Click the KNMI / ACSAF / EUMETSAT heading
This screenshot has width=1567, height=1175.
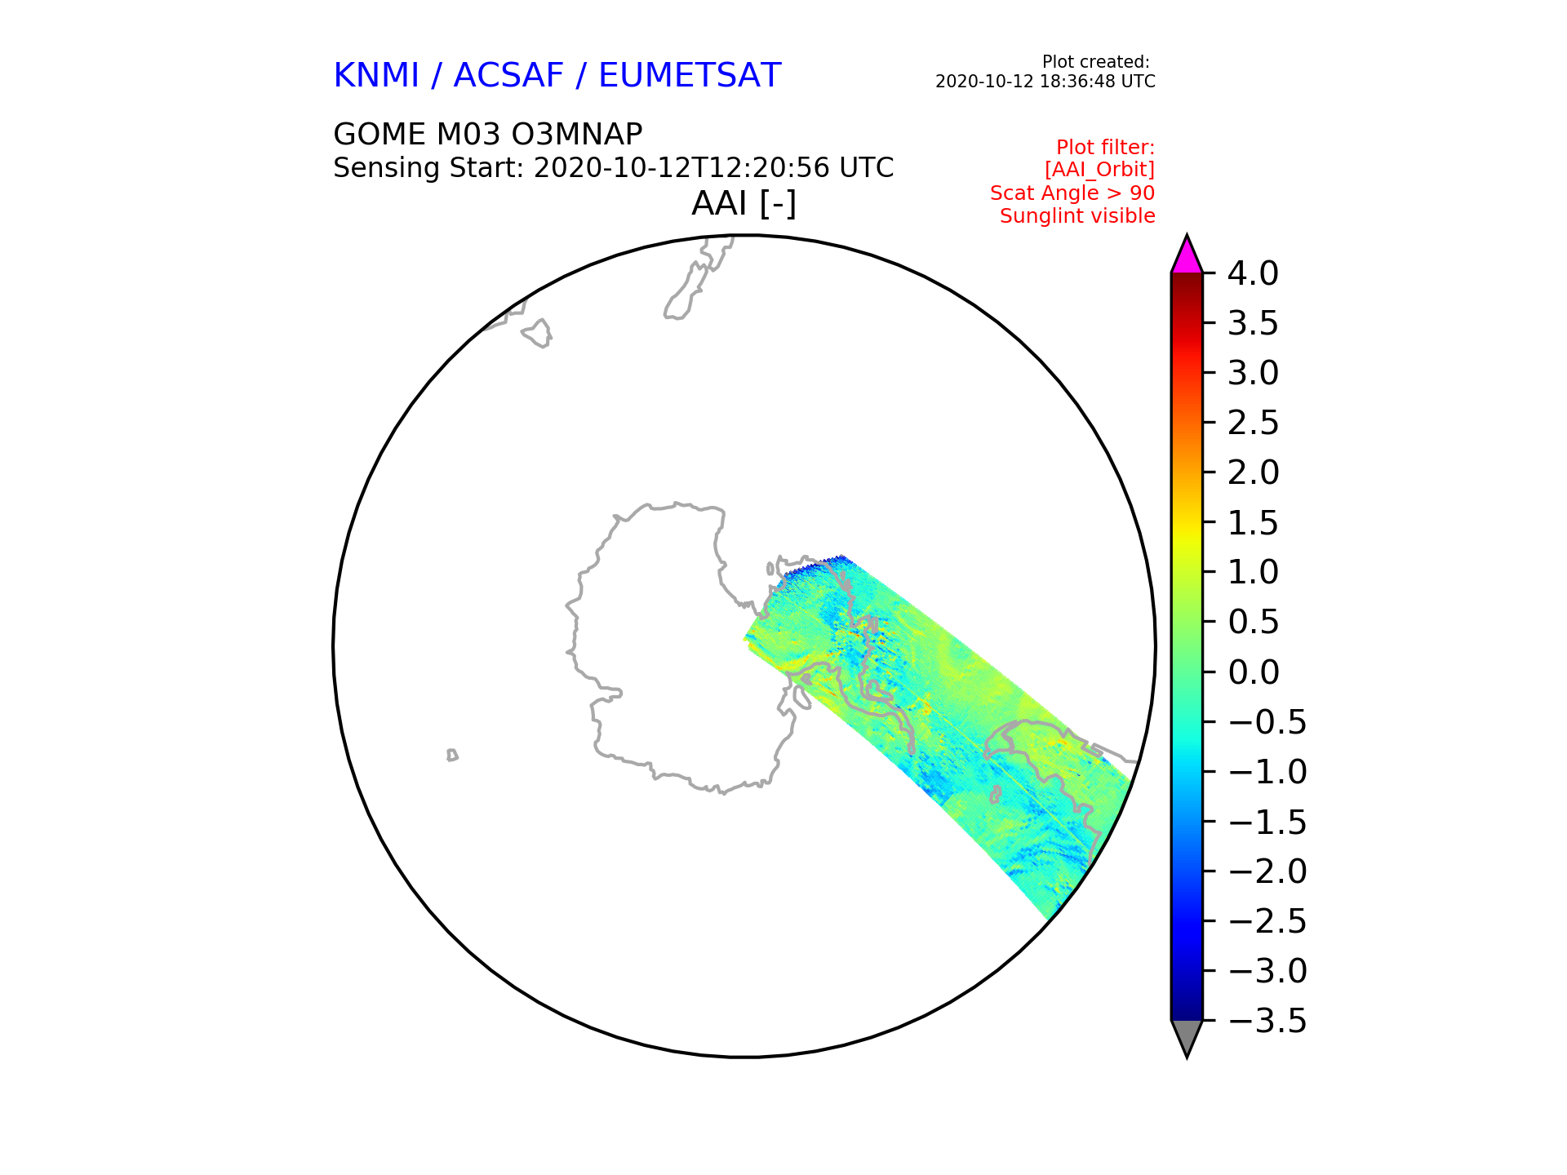pyautogui.click(x=557, y=76)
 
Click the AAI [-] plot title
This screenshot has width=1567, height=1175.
pyautogui.click(x=744, y=203)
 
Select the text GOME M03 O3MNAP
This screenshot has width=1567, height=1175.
pyautogui.click(x=488, y=134)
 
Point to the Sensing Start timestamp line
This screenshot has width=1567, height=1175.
pyautogui.click(x=614, y=168)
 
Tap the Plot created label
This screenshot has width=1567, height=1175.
pyautogui.click(x=1096, y=62)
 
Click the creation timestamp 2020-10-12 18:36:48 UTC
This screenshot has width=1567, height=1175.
pyautogui.click(x=1045, y=82)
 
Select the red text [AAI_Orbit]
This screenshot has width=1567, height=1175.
pyautogui.click(x=1099, y=170)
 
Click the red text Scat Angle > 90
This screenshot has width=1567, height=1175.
pyautogui.click(x=1072, y=193)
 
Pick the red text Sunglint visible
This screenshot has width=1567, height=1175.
pyautogui.click(x=1077, y=216)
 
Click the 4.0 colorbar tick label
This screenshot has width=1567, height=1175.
pyautogui.click(x=1253, y=273)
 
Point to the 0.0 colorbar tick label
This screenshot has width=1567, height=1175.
pyautogui.click(x=1253, y=672)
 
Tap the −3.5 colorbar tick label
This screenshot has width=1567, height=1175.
pyautogui.click(x=1267, y=1021)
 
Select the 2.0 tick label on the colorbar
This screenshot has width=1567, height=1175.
pyautogui.click(x=1253, y=472)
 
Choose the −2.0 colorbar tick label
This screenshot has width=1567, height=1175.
pyautogui.click(x=1267, y=871)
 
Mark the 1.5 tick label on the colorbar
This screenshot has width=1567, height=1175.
pyautogui.click(x=1253, y=522)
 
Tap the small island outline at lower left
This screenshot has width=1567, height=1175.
pyautogui.click(x=452, y=755)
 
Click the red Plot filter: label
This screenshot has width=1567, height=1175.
pyautogui.click(x=1105, y=148)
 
